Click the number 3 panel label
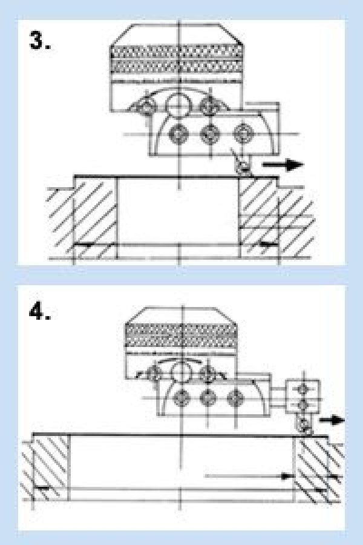(x=40, y=41)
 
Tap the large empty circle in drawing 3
(x=178, y=105)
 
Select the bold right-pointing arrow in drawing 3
(x=283, y=164)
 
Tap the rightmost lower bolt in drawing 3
(x=243, y=134)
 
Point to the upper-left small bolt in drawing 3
(x=146, y=107)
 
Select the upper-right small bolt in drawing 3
(x=209, y=105)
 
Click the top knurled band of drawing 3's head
(x=177, y=52)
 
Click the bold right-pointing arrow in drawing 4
(x=332, y=420)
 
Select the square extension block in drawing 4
(x=302, y=397)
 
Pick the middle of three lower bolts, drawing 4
(x=208, y=398)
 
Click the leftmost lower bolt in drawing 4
(x=181, y=398)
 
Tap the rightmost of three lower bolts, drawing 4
(x=235, y=398)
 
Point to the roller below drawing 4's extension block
(x=304, y=424)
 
